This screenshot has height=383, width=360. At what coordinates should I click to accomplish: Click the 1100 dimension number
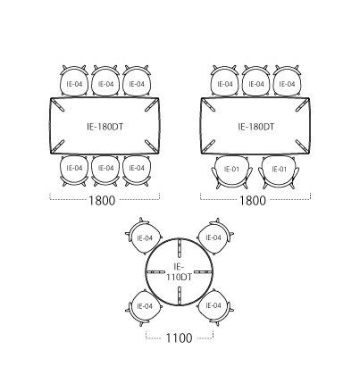pyautogui.click(x=179, y=338)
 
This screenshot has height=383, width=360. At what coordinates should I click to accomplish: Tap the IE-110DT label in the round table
pyautogui.click(x=179, y=271)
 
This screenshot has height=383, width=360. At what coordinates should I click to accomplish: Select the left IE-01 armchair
pyautogui.click(x=231, y=172)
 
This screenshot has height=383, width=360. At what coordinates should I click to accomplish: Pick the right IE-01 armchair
pyautogui.click(x=279, y=172)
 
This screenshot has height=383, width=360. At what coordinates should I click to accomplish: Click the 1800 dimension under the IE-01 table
pyautogui.click(x=253, y=201)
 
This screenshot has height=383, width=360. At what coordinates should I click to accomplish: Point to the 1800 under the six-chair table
pyautogui.click(x=102, y=201)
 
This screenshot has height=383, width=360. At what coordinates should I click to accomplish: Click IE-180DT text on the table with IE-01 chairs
pyautogui.click(x=255, y=127)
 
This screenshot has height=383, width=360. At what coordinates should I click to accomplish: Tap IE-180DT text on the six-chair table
pyautogui.click(x=105, y=127)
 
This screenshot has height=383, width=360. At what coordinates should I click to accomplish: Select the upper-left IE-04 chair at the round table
pyautogui.click(x=144, y=237)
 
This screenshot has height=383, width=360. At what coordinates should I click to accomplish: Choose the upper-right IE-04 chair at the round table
pyautogui.click(x=215, y=237)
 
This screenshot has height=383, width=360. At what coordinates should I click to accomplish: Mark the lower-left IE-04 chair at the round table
pyautogui.click(x=144, y=307)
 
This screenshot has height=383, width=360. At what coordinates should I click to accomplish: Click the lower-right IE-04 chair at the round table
pyautogui.click(x=215, y=307)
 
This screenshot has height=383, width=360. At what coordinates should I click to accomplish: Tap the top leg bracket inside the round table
pyautogui.click(x=180, y=247)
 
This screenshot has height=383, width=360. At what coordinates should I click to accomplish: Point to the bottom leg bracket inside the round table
pyautogui.click(x=180, y=296)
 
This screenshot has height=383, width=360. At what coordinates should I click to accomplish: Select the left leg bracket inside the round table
pyautogui.click(x=155, y=271)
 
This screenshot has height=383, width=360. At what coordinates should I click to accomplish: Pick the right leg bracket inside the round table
pyautogui.click(x=204, y=271)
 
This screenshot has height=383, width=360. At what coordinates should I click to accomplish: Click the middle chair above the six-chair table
pyautogui.click(x=105, y=80)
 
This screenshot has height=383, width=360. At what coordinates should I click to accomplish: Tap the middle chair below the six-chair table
pyautogui.click(x=105, y=171)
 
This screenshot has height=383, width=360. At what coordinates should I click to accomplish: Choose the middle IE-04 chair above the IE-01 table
pyautogui.click(x=256, y=80)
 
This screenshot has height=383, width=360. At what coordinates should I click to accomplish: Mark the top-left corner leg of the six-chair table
pyautogui.click(x=58, y=105)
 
